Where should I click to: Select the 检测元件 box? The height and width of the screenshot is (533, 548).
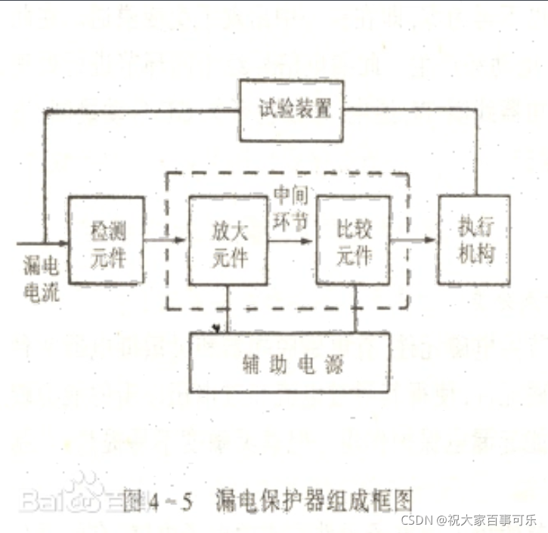(107, 240)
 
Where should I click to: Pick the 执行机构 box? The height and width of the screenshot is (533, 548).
(473, 239)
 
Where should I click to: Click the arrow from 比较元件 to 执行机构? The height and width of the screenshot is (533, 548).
(414, 240)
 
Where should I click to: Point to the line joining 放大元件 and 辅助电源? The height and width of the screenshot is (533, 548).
(229, 310)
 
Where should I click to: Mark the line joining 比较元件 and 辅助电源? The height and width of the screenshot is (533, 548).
(354, 309)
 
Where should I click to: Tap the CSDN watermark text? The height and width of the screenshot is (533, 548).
(468, 521)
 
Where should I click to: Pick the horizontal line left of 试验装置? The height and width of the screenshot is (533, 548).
(144, 110)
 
